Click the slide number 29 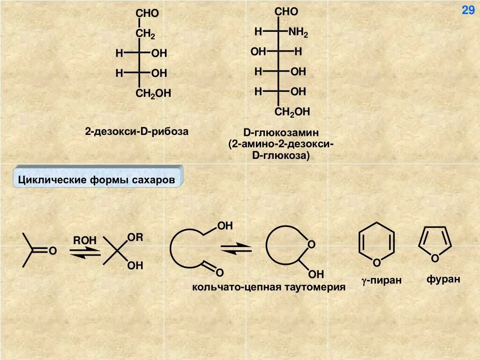(x=468, y=10)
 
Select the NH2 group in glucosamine (x=298, y=32)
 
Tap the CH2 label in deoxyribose (x=145, y=34)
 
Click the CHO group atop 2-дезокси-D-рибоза (x=147, y=14)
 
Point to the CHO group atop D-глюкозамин (x=286, y=12)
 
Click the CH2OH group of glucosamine (x=292, y=112)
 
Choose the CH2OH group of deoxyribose (x=153, y=94)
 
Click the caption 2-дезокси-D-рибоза (x=136, y=131)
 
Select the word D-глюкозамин (x=280, y=133)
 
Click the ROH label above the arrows (x=84, y=240)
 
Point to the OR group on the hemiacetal (x=135, y=238)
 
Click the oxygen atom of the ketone (x=52, y=252)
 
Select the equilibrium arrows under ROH (x=85, y=252)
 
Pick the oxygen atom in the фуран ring (x=435, y=258)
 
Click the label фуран (x=443, y=280)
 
